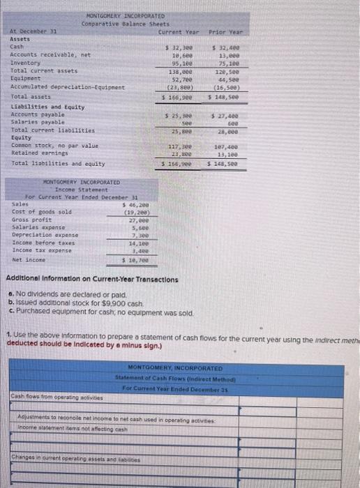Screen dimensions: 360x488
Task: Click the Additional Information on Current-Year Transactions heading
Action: [x=91, y=279]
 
